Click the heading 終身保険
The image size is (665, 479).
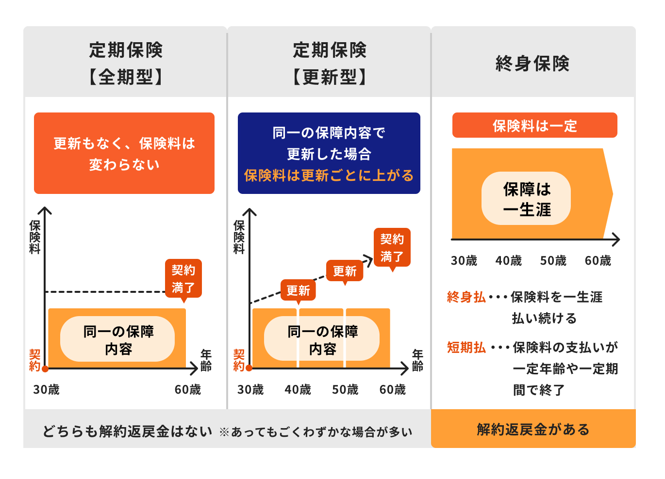coord(532,63)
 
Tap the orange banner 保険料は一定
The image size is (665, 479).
coord(535,125)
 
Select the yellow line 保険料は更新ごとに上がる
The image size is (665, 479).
coord(329,176)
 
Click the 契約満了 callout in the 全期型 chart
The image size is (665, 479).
coord(183,279)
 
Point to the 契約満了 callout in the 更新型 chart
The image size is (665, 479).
coord(392,248)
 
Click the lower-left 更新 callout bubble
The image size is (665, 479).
coord(298,290)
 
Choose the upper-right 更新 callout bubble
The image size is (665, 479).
coord(344,271)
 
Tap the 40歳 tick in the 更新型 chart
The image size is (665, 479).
coord(298,389)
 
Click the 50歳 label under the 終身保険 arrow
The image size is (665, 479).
coord(553,261)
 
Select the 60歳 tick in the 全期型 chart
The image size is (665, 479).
coord(188,389)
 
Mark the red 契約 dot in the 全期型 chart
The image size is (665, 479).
coord(45,368)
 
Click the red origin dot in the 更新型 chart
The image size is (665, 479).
coord(249,368)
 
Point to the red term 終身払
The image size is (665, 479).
coord(466,297)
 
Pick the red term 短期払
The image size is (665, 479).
coord(466,347)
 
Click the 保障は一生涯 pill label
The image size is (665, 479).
coord(526,198)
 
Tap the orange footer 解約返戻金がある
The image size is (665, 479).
coord(533,429)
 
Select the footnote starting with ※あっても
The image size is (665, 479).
coord(316,432)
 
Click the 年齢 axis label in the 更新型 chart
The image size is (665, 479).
coord(417,360)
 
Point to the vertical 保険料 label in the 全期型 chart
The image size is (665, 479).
coord(35,237)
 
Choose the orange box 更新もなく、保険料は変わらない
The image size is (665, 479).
coord(124,153)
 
